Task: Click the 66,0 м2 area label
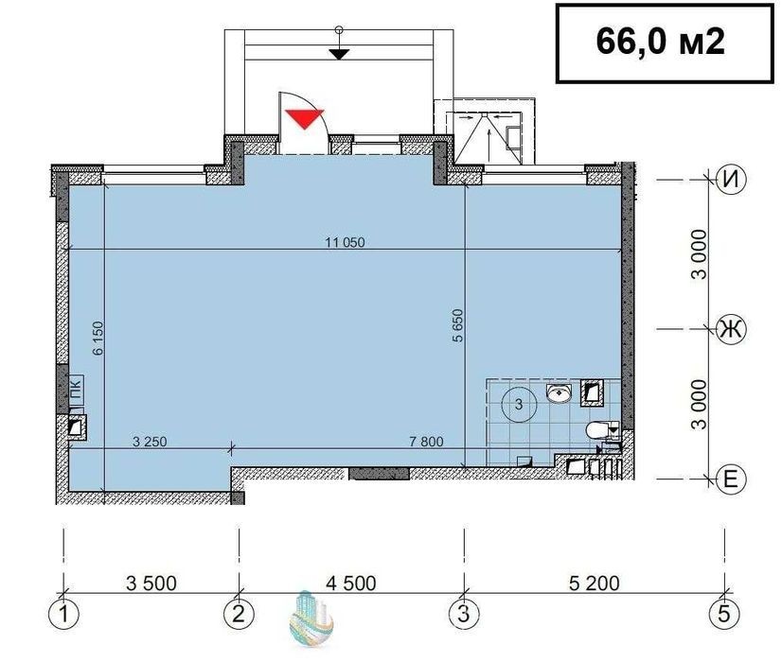click(660, 41)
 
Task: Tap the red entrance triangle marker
click(305, 117)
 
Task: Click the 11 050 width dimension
click(346, 243)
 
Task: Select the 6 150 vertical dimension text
click(98, 339)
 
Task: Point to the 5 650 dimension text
click(458, 325)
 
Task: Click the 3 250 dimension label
click(151, 442)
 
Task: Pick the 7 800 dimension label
click(426, 442)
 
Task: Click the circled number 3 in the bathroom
click(519, 404)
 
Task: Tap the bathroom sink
click(559, 393)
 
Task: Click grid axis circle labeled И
click(731, 180)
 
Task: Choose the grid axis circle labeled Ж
click(731, 329)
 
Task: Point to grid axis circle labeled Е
click(731, 479)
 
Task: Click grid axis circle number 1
click(63, 614)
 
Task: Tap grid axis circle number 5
click(724, 614)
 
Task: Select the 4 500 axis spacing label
click(351, 584)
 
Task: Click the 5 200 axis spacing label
click(594, 584)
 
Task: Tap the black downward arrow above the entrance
click(339, 54)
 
